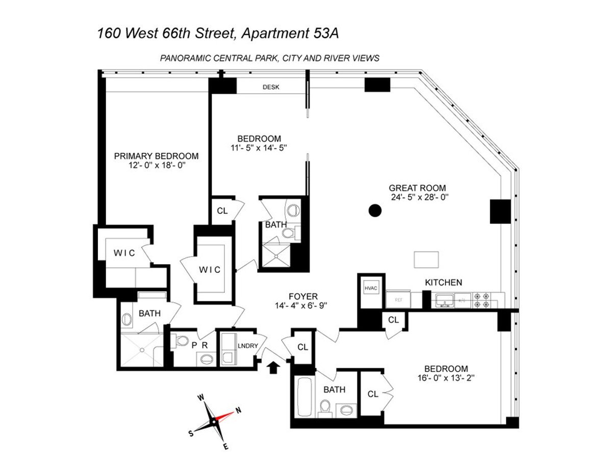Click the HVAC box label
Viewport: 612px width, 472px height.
[370, 288]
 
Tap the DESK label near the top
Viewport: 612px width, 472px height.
[271, 87]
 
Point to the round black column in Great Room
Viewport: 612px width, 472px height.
[375, 210]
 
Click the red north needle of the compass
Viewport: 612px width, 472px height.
[227, 414]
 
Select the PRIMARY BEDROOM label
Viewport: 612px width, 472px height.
[156, 156]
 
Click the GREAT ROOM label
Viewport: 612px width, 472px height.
[418, 187]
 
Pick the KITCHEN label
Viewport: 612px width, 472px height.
[444, 282]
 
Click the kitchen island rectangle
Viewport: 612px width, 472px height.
[426, 260]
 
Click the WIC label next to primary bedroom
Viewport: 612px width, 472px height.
[124, 253]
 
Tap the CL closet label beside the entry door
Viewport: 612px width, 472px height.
[303, 347]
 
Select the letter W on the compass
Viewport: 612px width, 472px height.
[201, 398]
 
